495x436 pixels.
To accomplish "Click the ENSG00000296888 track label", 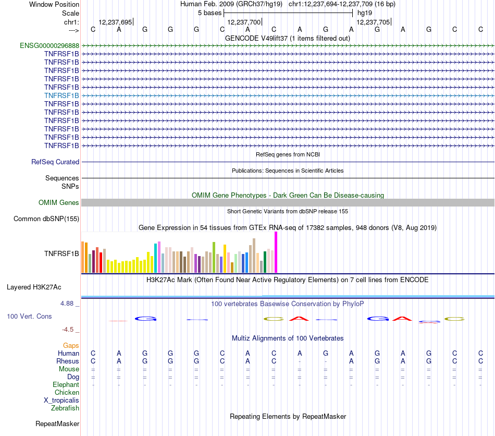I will point(49,45).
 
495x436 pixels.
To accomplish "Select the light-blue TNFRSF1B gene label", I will point(61,95).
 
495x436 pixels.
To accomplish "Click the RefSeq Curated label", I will point(55,162).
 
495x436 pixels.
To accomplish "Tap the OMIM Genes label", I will point(59,203).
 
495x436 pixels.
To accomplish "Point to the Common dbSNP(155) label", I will point(46,219).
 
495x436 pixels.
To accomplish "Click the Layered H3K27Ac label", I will point(34,287).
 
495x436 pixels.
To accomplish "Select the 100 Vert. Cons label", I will point(29,317).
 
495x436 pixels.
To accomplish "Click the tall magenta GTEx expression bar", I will point(276,252).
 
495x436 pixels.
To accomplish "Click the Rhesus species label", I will point(68,361).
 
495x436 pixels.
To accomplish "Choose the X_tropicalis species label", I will point(61,401).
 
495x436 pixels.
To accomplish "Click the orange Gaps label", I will point(71,345).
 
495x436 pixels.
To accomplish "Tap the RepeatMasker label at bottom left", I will point(57,424).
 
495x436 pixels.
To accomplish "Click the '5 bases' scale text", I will point(209,13).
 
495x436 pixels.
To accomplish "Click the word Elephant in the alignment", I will point(66,385).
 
